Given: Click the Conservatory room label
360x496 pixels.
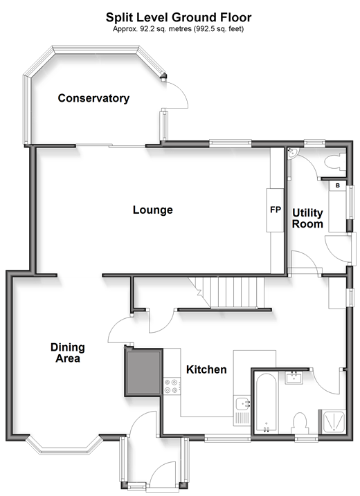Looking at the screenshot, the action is click(93, 98).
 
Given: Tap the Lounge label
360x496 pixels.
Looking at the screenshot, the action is click(152, 210).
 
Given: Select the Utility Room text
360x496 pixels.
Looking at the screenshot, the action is click(307, 219).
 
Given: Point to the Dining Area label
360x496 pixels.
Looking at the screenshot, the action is click(68, 353).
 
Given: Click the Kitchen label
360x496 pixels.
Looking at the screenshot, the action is click(206, 369).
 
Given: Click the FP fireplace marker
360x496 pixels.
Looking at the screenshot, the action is click(275, 210).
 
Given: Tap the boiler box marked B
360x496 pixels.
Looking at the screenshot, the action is click(338, 185).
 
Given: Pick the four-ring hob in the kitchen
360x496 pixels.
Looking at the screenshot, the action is click(172, 386).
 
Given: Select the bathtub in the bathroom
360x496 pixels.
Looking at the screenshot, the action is click(267, 403).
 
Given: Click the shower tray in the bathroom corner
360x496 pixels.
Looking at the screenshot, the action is click(332, 421).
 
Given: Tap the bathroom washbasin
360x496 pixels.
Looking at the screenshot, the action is click(294, 378).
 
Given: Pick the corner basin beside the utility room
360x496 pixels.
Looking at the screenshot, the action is click(293, 153).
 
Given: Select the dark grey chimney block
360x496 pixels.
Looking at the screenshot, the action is click(144, 372).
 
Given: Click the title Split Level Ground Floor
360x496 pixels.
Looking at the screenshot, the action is click(179, 17).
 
